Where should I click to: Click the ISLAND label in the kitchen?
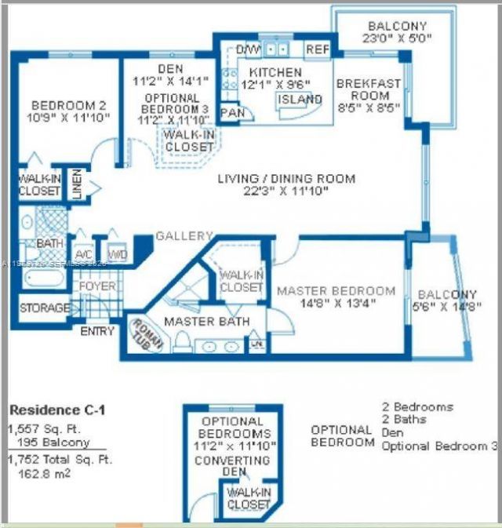click(300, 100)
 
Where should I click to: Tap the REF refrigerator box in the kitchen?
click(317, 49)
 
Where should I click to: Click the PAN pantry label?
click(231, 113)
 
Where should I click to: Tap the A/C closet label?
click(84, 254)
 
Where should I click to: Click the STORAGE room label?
click(44, 308)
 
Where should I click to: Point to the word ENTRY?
click(97, 331)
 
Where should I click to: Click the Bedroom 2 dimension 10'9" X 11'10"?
click(70, 117)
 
